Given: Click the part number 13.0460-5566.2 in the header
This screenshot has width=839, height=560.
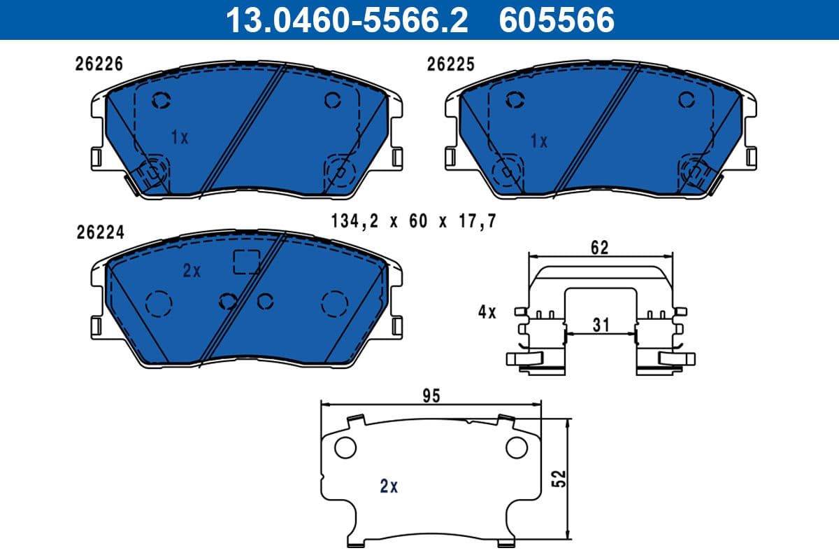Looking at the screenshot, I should point(345,20).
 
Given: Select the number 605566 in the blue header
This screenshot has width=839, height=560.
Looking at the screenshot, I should point(557,20).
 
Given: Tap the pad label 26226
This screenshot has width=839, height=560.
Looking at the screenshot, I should point(99,64).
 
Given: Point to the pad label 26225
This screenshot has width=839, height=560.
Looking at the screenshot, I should point(451,64).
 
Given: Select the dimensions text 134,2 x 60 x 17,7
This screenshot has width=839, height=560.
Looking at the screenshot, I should point(413,222).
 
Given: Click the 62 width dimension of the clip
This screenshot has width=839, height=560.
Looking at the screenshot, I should point(600,247).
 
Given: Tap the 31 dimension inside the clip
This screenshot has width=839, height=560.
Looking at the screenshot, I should point(601,325).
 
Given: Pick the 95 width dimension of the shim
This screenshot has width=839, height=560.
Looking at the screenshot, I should point(431,395).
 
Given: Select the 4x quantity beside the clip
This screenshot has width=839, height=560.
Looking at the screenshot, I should point(487,312).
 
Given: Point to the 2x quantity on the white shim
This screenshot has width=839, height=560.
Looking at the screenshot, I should point(389,486).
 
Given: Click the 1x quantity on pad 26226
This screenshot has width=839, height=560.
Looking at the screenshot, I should point(180,137).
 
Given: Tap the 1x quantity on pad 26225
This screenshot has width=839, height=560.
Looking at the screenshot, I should point(538,141).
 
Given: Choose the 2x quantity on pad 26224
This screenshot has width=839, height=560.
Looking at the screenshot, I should point(192,271).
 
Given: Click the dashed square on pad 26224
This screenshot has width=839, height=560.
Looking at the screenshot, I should point(245,262).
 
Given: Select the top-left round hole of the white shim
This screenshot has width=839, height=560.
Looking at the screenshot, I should point(345,447).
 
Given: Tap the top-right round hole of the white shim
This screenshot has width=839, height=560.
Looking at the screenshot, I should point(517,447).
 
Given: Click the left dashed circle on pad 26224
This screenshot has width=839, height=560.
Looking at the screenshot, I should point(158,302).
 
